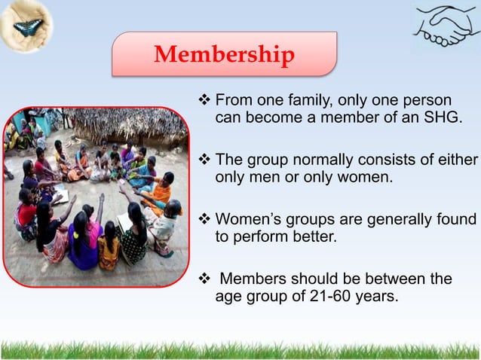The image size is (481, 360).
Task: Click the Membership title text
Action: tap(224, 55)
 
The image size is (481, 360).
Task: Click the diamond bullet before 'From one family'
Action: tap(207, 101)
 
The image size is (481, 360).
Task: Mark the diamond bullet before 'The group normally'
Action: tap(207, 160)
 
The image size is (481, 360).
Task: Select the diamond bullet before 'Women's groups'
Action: tap(207, 220)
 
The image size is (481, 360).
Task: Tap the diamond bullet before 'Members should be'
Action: tap(207, 279)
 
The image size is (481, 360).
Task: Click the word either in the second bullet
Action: tap(455, 160)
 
